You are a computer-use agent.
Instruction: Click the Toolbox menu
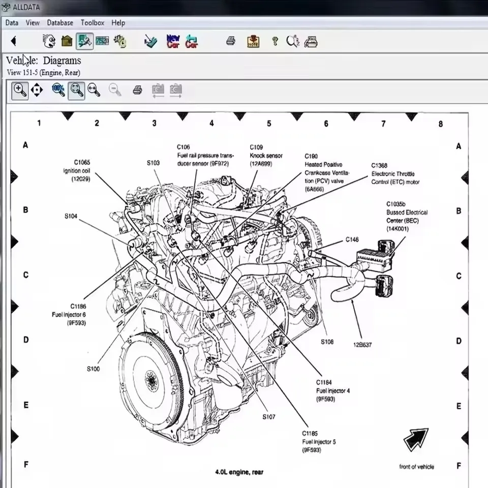[92, 23]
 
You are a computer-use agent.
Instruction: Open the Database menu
[60, 23]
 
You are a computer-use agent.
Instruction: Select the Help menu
[118, 23]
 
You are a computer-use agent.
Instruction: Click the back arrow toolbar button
[14, 41]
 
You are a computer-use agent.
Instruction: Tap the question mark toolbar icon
[274, 41]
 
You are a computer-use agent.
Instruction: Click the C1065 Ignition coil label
[76, 171]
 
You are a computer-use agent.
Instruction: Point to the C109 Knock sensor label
[266, 156]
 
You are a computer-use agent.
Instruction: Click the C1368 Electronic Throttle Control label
[395, 173]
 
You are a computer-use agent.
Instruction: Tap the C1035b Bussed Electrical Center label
[407, 216]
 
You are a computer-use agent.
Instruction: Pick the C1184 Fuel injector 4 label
[332, 390]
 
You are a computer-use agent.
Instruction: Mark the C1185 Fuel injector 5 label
[319, 442]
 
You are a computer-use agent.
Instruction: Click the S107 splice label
[269, 417]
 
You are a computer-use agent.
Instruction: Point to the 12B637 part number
[362, 345]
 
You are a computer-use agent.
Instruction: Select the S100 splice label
[93, 369]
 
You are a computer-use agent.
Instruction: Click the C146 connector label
[352, 239]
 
